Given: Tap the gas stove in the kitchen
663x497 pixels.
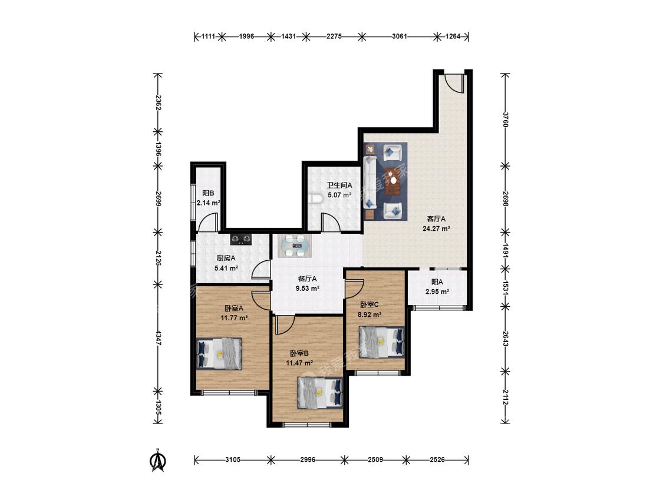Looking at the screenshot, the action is coord(241,240).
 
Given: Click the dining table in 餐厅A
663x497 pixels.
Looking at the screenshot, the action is coord(295,246).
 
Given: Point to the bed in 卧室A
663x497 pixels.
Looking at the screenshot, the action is coord(219,354).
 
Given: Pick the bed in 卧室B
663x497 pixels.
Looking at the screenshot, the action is coord(320,393).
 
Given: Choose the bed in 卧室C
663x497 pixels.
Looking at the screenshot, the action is coord(381,342).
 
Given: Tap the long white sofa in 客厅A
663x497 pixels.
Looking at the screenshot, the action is coord(370,183).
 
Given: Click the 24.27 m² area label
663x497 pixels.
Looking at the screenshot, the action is coord(436,228).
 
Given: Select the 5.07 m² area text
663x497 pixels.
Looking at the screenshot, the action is coord(339,196).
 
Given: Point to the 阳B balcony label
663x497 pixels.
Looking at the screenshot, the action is coord(207,193).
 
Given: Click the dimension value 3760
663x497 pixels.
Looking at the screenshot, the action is coord(505,119).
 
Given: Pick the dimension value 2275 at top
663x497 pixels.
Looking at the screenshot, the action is coord(334,37).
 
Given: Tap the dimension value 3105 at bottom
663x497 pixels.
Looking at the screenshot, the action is coord(233,459).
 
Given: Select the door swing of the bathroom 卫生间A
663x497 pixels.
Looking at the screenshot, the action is coord(330,223).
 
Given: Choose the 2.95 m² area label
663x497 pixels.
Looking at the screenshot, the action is coord(437,291).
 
